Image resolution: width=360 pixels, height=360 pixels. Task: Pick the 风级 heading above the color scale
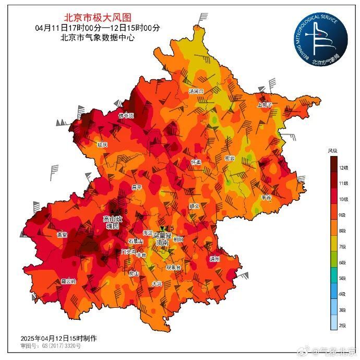point(332,151)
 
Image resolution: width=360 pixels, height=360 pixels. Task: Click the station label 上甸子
point(265,104)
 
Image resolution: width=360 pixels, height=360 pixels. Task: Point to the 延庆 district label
point(102,144)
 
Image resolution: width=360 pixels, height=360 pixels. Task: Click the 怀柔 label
point(196,162)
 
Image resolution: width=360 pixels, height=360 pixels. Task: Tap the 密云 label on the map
point(229,158)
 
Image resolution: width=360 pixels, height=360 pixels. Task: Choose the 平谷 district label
point(266,198)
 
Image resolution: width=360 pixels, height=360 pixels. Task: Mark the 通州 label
point(214,259)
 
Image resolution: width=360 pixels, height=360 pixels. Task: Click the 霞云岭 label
point(68,281)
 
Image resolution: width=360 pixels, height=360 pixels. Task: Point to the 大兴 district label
point(157,284)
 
